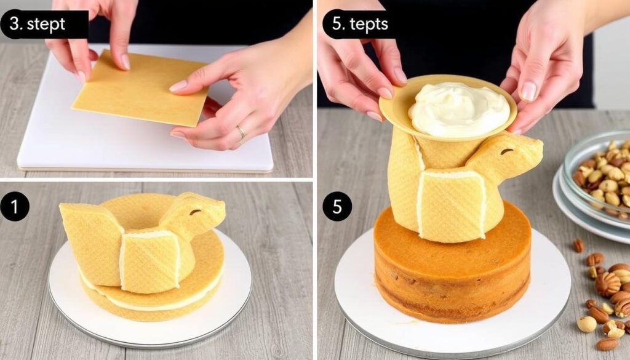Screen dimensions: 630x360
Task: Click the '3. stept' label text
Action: point(38,24)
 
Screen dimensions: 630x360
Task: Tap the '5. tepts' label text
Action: point(360,24)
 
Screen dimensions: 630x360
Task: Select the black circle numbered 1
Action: point(15,207)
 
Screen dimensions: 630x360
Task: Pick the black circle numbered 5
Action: point(337,207)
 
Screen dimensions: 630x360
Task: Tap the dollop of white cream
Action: point(459,110)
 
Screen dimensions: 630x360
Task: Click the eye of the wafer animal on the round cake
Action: point(508,151)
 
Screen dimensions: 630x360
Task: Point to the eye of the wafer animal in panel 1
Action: point(196,212)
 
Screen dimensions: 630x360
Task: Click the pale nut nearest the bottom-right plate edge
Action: point(586,324)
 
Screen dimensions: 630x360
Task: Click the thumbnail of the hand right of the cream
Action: point(528,91)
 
